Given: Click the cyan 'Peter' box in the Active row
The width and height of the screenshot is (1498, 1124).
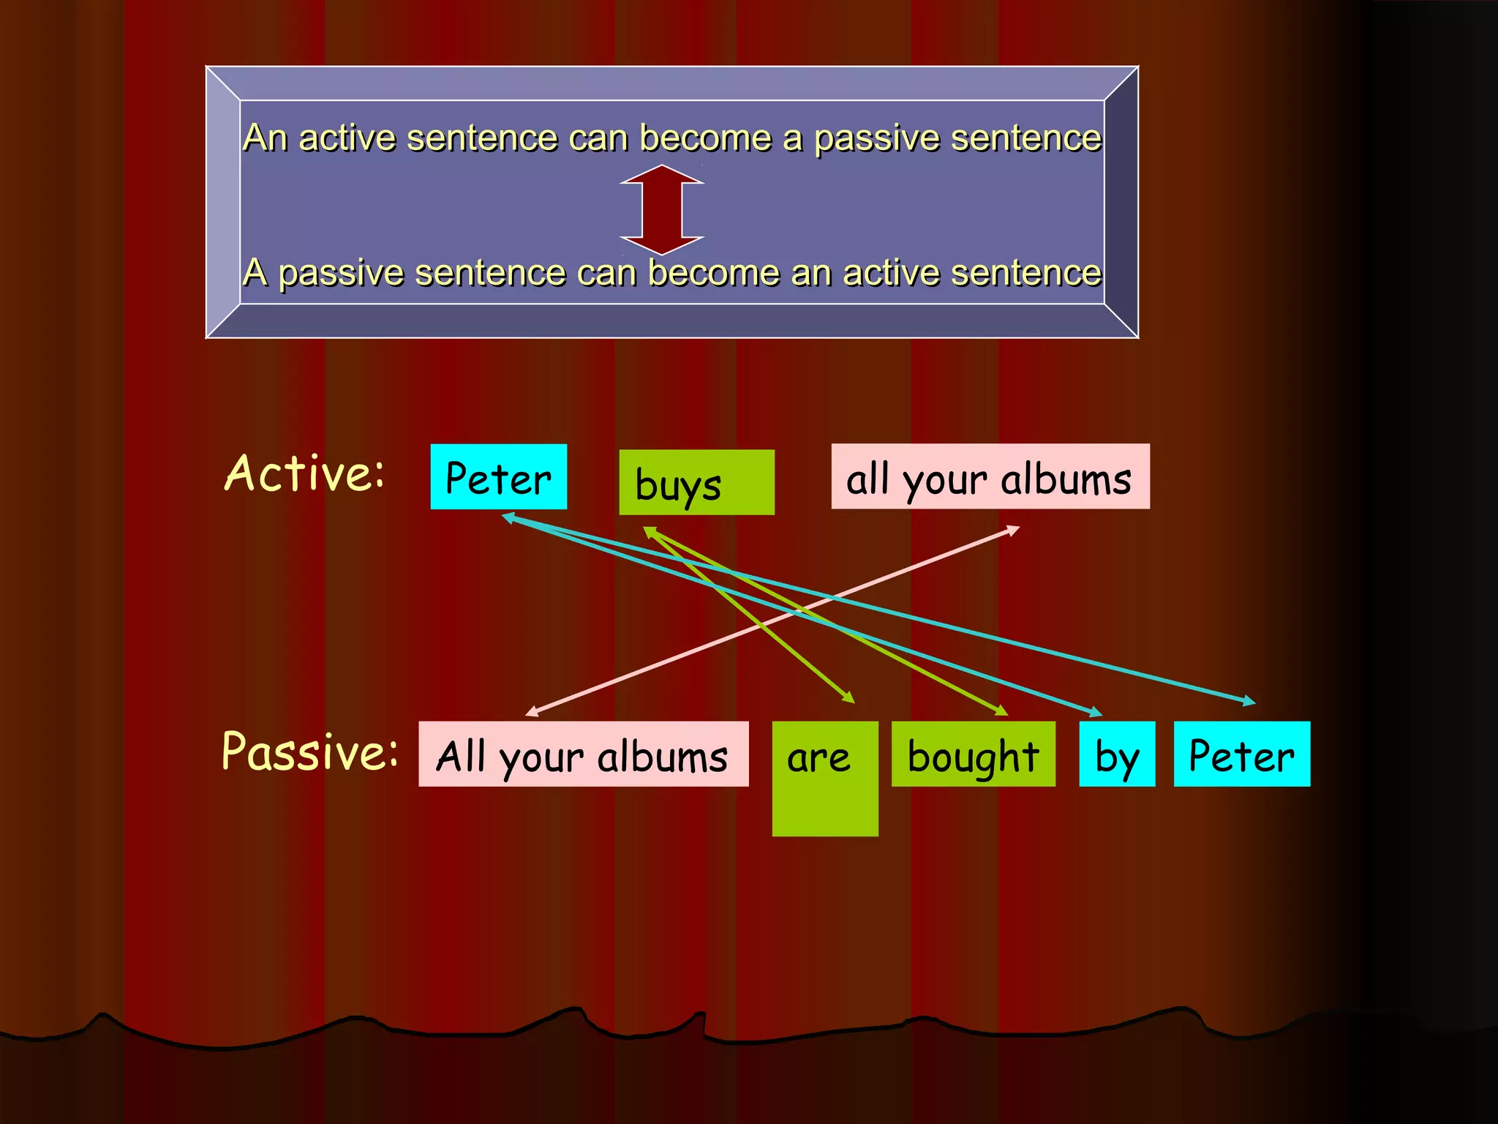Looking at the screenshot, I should click(x=498, y=476).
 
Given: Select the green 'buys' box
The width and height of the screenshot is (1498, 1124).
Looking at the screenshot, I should click(x=696, y=482).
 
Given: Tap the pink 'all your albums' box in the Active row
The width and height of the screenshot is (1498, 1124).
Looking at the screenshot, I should click(x=990, y=476).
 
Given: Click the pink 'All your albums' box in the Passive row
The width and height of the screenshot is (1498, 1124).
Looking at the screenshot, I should click(x=583, y=754).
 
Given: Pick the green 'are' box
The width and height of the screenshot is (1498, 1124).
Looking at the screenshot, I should click(x=824, y=778).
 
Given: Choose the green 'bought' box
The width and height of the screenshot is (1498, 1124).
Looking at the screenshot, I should click(x=973, y=754).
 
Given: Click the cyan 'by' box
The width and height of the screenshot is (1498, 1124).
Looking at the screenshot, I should click(x=1117, y=754).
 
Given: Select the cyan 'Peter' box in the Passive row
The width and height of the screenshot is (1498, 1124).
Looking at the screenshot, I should click(x=1241, y=754).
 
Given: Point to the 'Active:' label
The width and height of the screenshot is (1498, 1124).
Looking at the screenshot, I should click(x=304, y=473).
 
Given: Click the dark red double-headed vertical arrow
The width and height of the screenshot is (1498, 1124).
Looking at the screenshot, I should click(x=662, y=210).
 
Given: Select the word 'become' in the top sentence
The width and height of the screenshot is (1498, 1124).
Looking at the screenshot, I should click(x=705, y=138).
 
